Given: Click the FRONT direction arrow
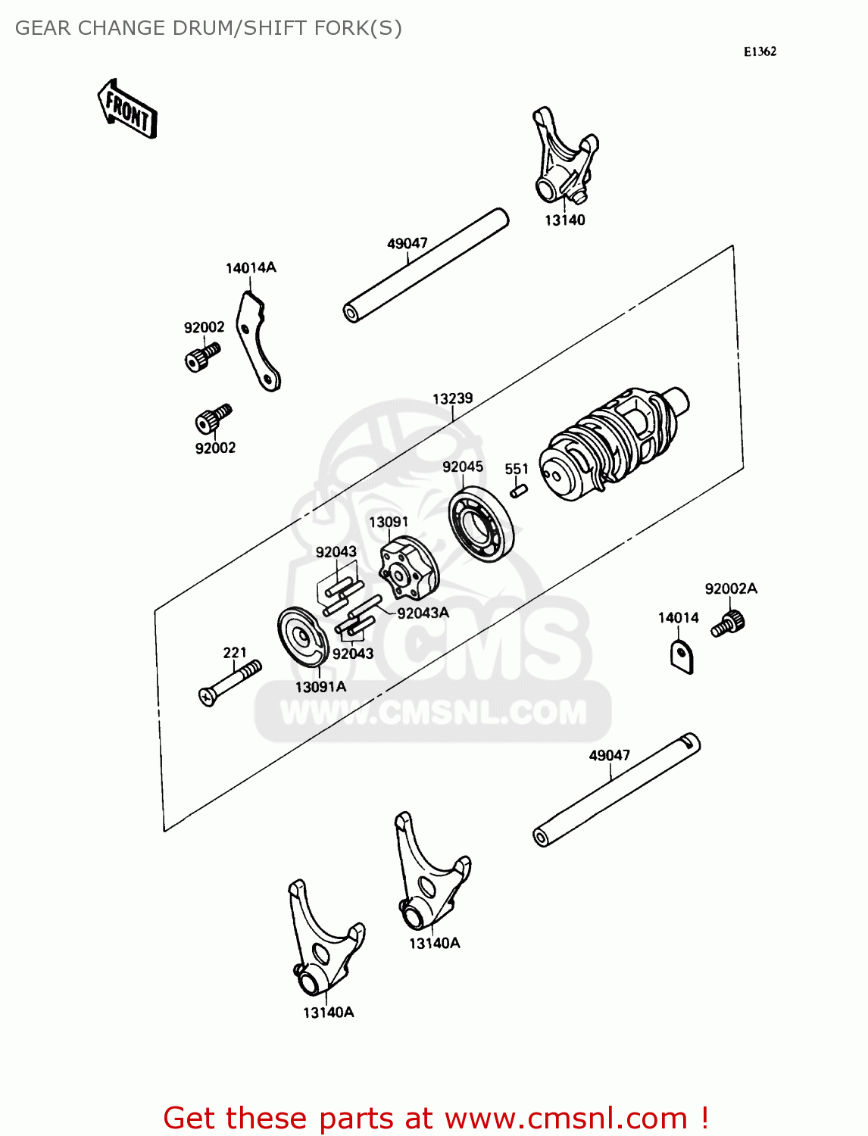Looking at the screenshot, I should tap(127, 110).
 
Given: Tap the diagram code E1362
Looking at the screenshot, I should tap(760, 51).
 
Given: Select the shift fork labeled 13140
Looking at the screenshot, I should tap(564, 159).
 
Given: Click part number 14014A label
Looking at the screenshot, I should tap(251, 268).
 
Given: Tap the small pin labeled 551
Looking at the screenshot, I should tap(519, 492).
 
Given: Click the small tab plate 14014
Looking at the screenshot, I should tap(682, 656).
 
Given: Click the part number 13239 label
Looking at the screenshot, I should tap(452, 398).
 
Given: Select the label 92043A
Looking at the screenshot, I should tap(423, 613).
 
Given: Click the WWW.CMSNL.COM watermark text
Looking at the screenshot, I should tap(433, 713).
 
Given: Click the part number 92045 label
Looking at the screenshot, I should tap(463, 467).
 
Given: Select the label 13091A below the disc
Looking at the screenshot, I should tap(320, 687).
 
